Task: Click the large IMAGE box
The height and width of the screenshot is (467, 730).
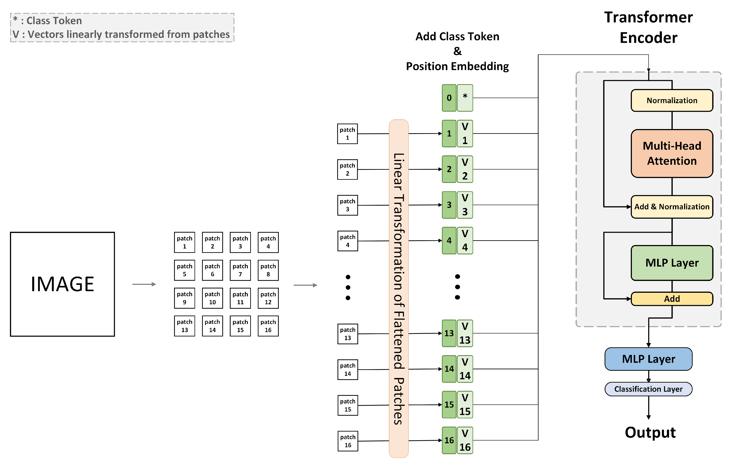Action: pos(62,284)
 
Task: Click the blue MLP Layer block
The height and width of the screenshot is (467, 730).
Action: pos(648,359)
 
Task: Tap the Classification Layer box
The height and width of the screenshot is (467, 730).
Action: pos(648,389)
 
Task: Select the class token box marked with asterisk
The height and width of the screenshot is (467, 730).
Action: pos(465,98)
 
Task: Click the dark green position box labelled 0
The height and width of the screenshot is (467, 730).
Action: pos(449,98)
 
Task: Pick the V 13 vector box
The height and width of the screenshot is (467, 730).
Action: pos(465,333)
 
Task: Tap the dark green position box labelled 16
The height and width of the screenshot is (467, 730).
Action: pos(449,440)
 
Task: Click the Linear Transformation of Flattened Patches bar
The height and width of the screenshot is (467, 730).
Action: pos(398,288)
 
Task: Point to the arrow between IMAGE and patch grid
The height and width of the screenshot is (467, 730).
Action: pos(144,284)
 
